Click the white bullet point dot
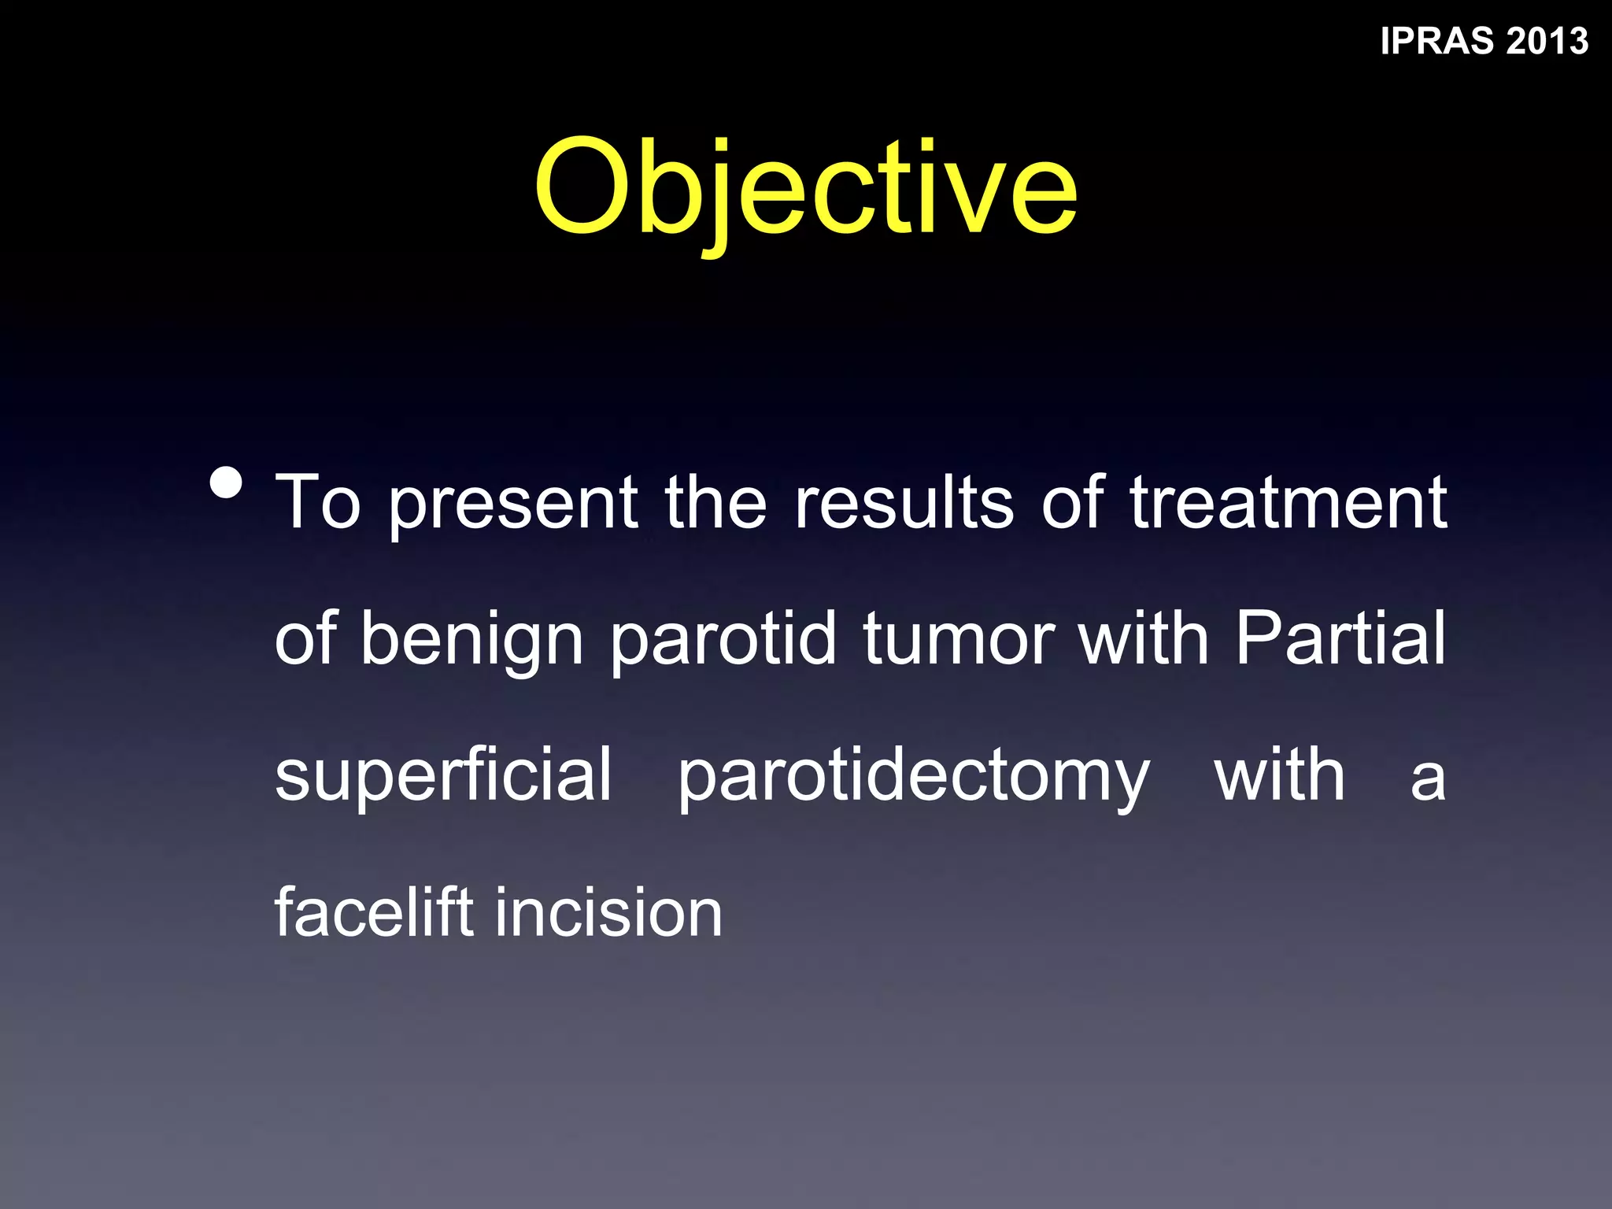point(227,482)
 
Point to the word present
point(513,504)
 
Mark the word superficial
point(443,776)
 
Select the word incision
point(608,913)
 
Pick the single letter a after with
point(1428,779)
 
